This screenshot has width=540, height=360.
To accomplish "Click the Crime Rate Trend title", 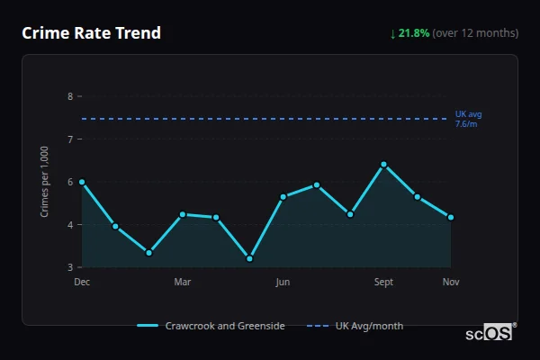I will click(x=91, y=33).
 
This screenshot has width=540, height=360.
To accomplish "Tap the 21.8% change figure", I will click(x=414, y=33).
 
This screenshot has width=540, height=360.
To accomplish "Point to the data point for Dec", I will click(x=82, y=182).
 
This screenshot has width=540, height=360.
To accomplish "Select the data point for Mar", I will click(x=183, y=214).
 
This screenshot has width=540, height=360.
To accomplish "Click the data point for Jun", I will click(x=283, y=196).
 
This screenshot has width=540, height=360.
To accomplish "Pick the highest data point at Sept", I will click(x=383, y=165).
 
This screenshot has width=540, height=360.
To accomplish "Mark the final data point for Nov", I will click(x=450, y=217).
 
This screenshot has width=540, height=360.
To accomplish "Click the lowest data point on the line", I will click(x=249, y=258).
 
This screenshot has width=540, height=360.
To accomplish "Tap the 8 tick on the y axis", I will click(x=70, y=96).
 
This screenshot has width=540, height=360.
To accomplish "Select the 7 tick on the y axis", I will click(x=70, y=139).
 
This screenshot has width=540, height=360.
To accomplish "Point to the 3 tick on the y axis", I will click(x=70, y=267).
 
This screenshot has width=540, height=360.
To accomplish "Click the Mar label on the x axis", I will click(x=183, y=283).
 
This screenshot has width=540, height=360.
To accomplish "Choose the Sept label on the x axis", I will click(x=383, y=283).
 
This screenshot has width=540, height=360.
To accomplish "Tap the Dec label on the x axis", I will click(x=82, y=283).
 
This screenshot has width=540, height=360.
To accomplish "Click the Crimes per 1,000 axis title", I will click(x=44, y=181).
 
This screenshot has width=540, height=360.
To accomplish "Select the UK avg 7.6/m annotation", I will click(x=468, y=119).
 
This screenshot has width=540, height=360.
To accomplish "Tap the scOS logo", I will click(x=489, y=333).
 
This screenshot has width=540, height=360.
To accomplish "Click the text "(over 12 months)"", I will click(x=475, y=33).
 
